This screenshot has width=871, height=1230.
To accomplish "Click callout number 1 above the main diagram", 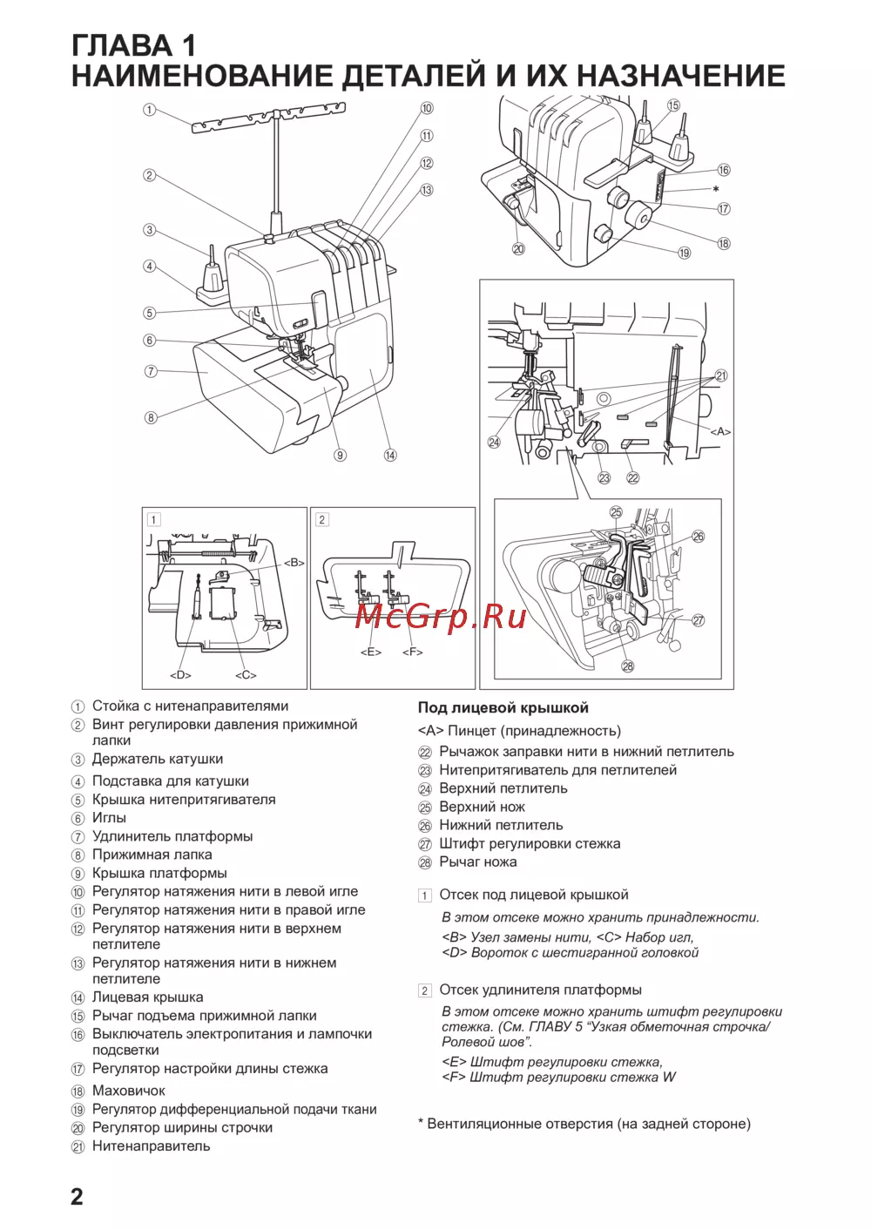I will pyautogui.click(x=150, y=110).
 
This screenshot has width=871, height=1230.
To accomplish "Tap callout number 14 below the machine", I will pyautogui.click(x=390, y=455).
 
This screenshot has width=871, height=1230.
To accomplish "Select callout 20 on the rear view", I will pyautogui.click(x=518, y=248).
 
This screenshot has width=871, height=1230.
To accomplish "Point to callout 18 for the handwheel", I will pyautogui.click(x=724, y=244).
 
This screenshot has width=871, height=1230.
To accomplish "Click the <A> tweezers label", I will pyautogui.click(x=720, y=431).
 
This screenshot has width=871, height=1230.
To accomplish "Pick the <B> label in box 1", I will pyautogui.click(x=294, y=563).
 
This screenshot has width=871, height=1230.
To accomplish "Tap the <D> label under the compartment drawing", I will pyautogui.click(x=180, y=675).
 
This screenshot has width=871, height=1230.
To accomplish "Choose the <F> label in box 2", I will pyautogui.click(x=412, y=652).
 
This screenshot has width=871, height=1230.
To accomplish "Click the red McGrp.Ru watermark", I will pyautogui.click(x=441, y=616).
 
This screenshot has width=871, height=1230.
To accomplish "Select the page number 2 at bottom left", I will pyautogui.click(x=77, y=1196).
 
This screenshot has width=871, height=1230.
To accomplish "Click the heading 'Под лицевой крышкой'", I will pyautogui.click(x=503, y=708).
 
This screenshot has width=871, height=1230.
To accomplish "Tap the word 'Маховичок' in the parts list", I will pyautogui.click(x=129, y=1091).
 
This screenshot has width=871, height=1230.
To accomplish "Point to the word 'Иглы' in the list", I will pyautogui.click(x=109, y=818).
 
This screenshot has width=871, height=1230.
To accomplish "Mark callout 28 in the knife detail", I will pyautogui.click(x=627, y=666).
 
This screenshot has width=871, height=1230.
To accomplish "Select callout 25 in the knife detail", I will pyautogui.click(x=616, y=512).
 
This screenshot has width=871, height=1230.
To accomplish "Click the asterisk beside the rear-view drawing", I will pyautogui.click(x=716, y=190).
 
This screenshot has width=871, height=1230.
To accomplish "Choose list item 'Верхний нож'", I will pyautogui.click(x=482, y=807).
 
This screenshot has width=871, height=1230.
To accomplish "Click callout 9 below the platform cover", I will pyautogui.click(x=340, y=455).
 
